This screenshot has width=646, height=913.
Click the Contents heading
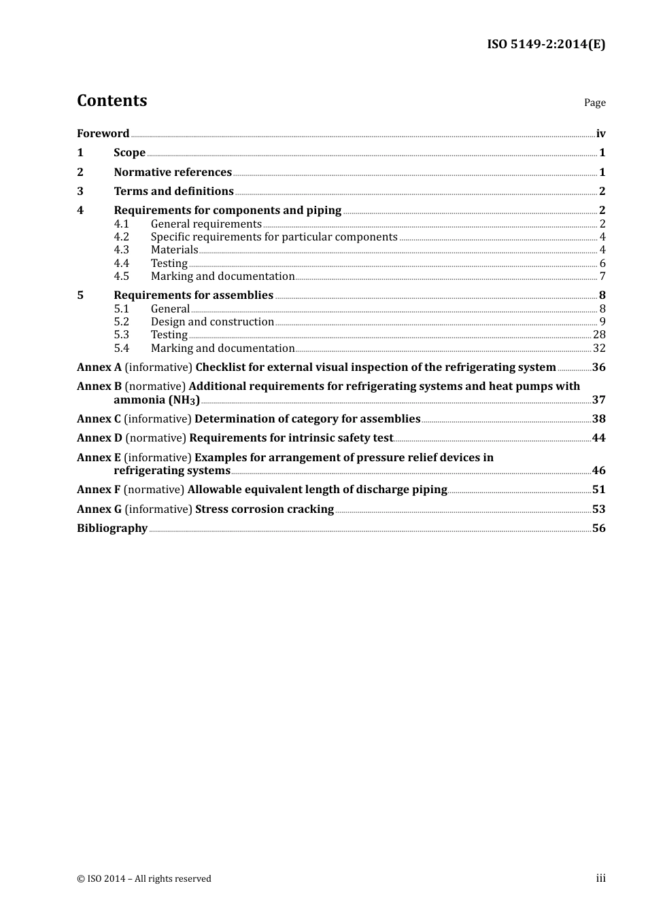click(x=112, y=101)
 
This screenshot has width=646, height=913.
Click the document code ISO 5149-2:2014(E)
click(x=546, y=44)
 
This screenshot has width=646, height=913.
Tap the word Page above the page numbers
click(x=594, y=103)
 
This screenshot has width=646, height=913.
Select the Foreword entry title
click(x=103, y=134)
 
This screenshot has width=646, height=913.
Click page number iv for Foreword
click(x=600, y=134)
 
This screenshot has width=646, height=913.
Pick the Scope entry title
click(x=129, y=153)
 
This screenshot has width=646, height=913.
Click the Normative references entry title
click(x=173, y=173)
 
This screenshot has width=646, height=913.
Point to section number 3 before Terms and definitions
click(x=80, y=192)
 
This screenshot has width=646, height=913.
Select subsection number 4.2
click(x=121, y=237)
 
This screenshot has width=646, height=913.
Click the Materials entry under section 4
click(x=174, y=250)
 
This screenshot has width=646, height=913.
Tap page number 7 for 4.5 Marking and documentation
click(x=602, y=276)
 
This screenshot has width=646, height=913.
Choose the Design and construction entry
click(x=212, y=322)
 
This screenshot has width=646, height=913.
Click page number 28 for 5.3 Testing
click(x=599, y=335)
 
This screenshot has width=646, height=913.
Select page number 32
click(x=599, y=348)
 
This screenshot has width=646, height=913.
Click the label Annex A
click(x=99, y=368)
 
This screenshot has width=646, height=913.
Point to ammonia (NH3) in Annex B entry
click(x=156, y=400)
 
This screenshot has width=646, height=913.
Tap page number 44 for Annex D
click(x=598, y=438)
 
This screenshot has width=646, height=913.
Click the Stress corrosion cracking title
click(x=265, y=509)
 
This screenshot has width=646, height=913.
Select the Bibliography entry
click(x=112, y=529)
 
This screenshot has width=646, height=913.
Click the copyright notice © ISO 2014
click(x=144, y=879)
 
